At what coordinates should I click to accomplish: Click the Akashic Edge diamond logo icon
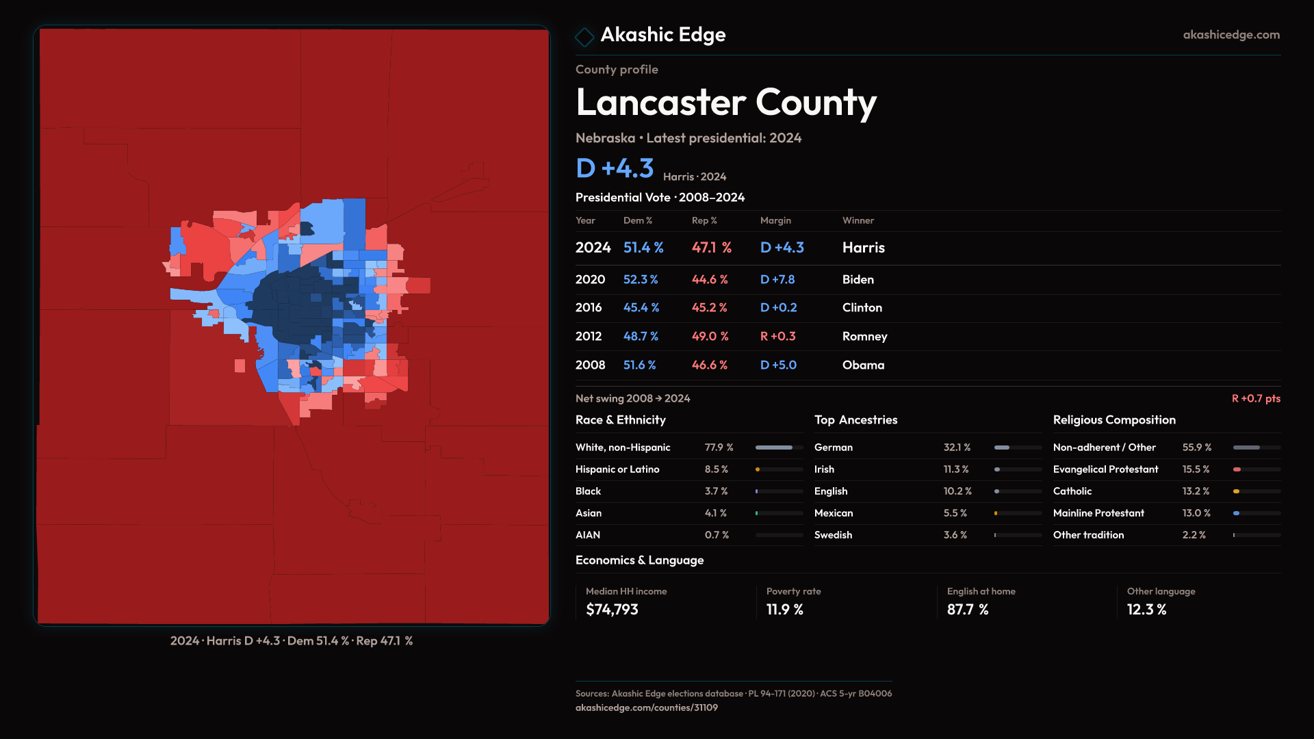[584, 36]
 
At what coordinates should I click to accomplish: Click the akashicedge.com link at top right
[1231, 35]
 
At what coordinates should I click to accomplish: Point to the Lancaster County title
[725, 103]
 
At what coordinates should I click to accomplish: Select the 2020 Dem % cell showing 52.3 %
[640, 280]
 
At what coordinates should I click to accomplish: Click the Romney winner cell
[864, 337]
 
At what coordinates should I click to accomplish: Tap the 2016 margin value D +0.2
[778, 308]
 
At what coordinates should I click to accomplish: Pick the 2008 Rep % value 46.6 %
[709, 365]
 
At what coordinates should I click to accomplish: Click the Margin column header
[775, 220]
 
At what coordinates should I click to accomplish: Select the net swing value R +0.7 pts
[1255, 398]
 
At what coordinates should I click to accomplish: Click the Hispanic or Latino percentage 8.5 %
[716, 469]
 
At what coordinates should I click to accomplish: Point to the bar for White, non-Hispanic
[779, 448]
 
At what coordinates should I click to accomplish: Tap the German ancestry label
[833, 448]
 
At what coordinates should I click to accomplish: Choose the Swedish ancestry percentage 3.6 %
[955, 535]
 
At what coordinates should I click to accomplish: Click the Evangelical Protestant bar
[1256, 469]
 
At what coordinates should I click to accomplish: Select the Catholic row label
[1072, 491]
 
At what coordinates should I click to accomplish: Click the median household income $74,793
[612, 610]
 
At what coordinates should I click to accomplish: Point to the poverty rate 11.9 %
[784, 610]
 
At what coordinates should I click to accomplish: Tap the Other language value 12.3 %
[1146, 610]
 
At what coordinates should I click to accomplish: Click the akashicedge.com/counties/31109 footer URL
[646, 708]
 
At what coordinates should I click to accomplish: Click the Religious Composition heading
[1113, 420]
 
